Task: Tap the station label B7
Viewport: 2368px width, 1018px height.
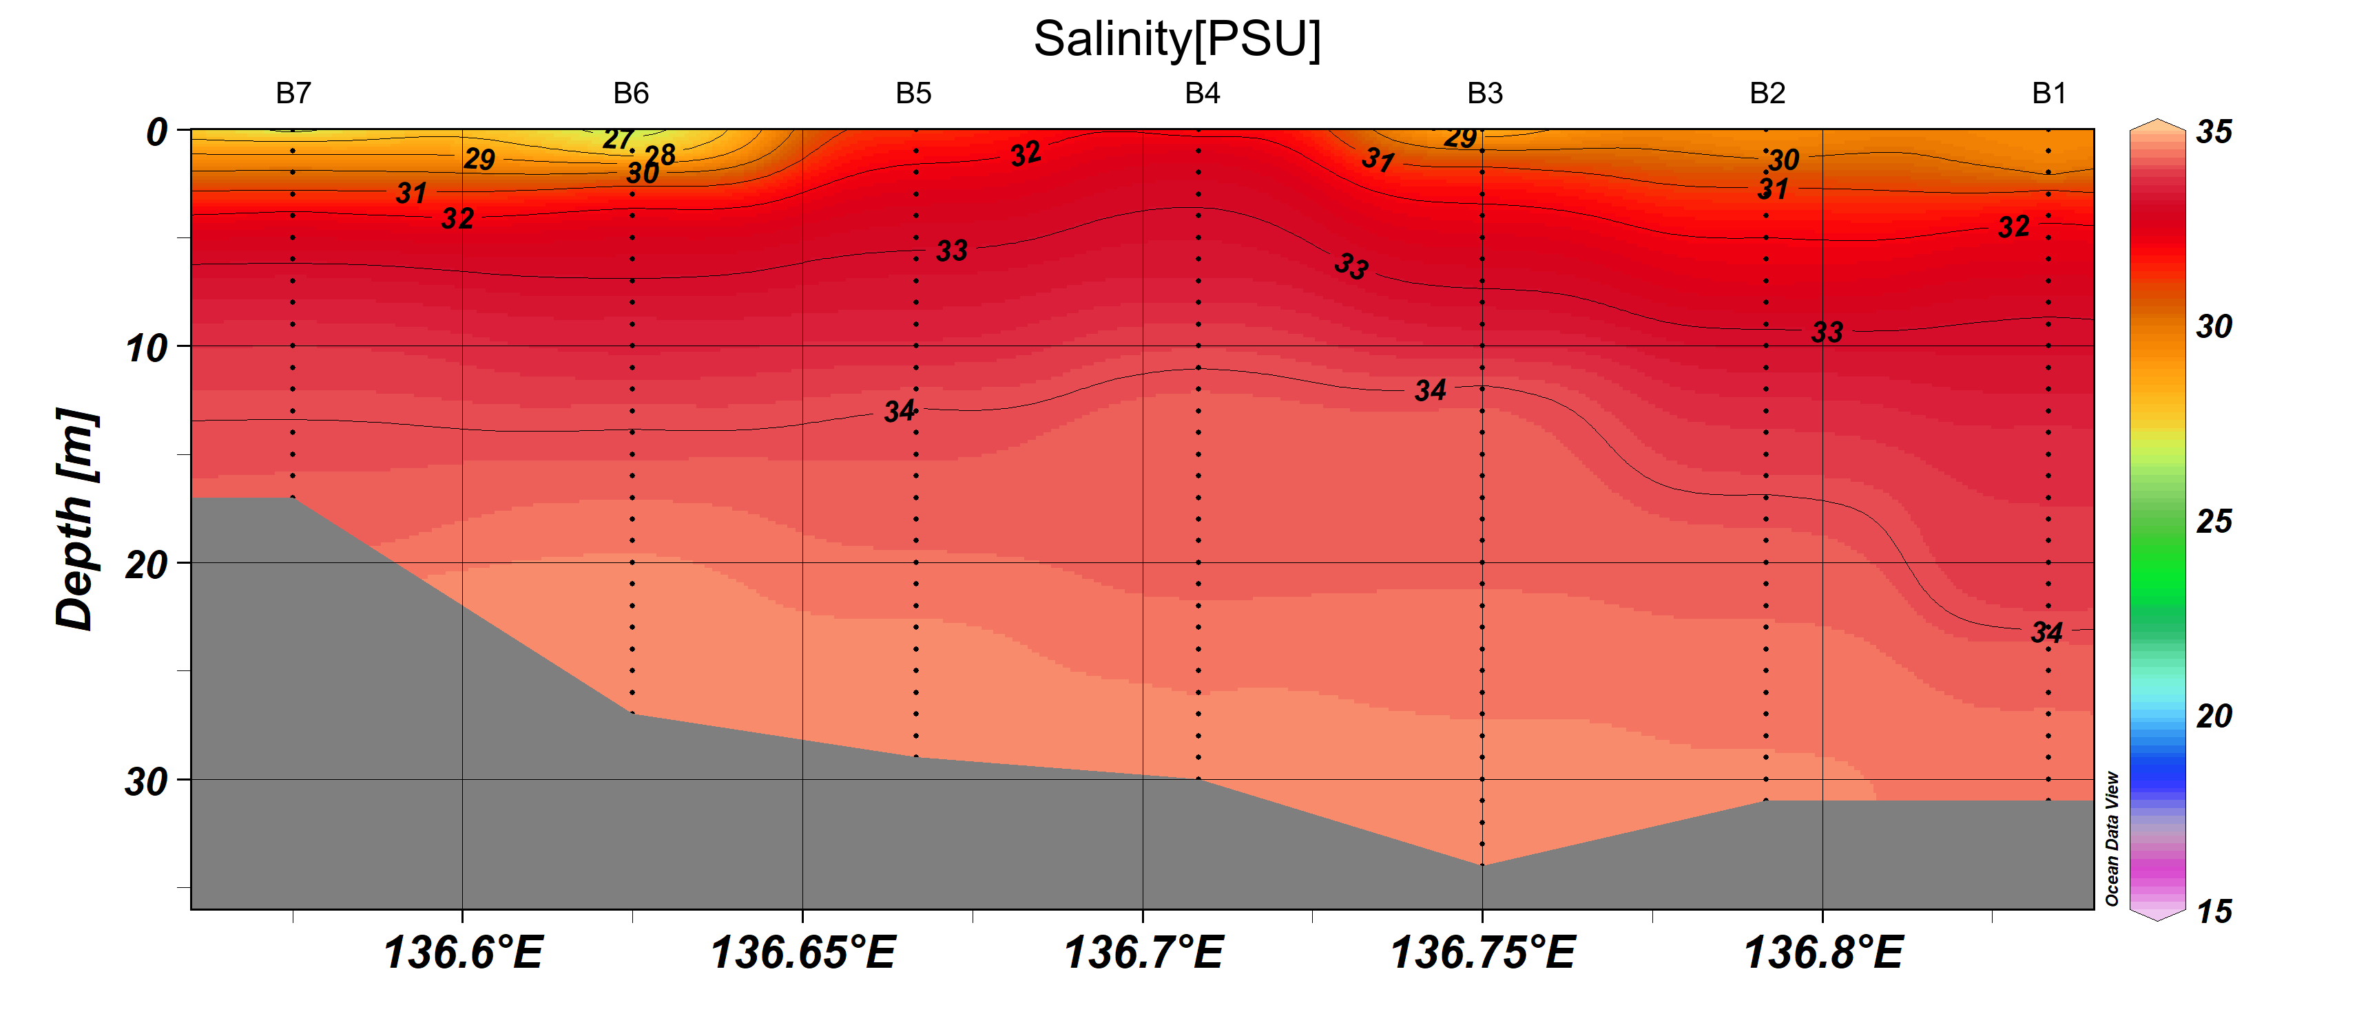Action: [x=293, y=93]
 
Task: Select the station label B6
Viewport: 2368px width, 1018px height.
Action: [x=631, y=93]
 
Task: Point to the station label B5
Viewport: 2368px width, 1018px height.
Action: [x=914, y=93]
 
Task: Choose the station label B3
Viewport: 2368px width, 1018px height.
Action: [x=1484, y=93]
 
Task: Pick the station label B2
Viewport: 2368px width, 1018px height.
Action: [x=1767, y=93]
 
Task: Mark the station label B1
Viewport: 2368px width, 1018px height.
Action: [x=2049, y=93]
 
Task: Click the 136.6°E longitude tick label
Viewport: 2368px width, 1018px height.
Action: [x=462, y=952]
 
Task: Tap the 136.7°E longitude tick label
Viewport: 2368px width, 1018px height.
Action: [x=1143, y=952]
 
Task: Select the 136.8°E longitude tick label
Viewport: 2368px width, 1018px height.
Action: [x=1823, y=952]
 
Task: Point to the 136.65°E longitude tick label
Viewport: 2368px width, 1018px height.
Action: [x=802, y=952]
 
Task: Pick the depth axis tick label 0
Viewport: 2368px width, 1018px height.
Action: [x=157, y=132]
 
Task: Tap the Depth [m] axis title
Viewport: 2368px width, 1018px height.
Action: [x=75, y=519]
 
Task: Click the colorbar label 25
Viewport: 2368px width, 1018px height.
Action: [x=2214, y=522]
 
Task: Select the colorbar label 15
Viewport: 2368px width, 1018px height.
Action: [x=2214, y=911]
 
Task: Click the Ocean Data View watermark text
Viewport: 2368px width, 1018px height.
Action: [x=2112, y=838]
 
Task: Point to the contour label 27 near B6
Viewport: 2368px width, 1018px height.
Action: [x=618, y=139]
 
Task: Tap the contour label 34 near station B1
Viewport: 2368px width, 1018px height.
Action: [x=2046, y=632]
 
